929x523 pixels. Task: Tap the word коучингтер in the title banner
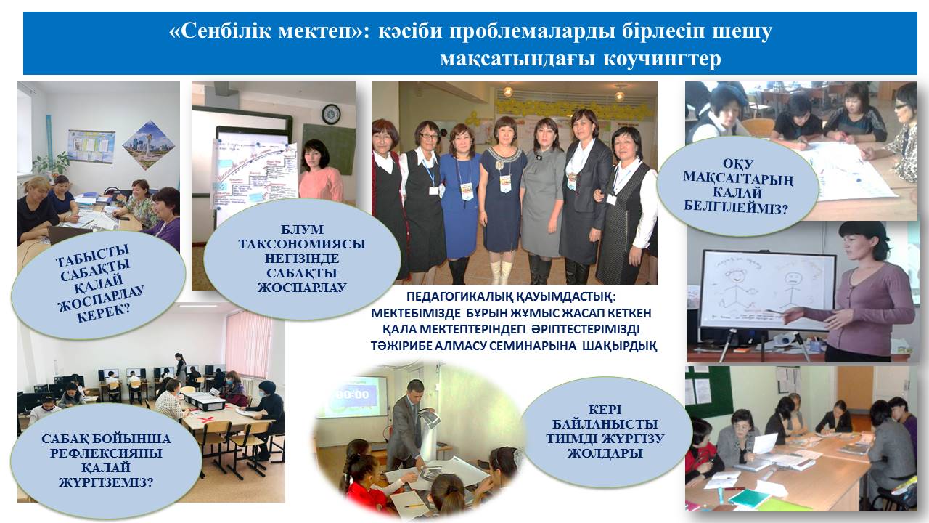[x=663, y=59]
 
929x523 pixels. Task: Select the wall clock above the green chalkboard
[x=331, y=114]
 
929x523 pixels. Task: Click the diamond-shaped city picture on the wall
[x=149, y=146]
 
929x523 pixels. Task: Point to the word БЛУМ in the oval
[x=302, y=229]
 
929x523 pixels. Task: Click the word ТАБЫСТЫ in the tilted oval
[x=92, y=256]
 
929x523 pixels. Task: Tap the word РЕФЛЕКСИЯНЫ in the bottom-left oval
[x=106, y=453]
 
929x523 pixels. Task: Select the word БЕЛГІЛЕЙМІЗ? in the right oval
[x=735, y=206]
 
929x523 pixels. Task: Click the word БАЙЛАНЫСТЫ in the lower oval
[x=605, y=424]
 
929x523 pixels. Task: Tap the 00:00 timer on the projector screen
[x=352, y=394]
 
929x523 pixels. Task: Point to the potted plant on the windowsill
[x=52, y=164]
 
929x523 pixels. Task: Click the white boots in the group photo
[x=501, y=272]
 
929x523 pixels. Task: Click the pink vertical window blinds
[x=248, y=343]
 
